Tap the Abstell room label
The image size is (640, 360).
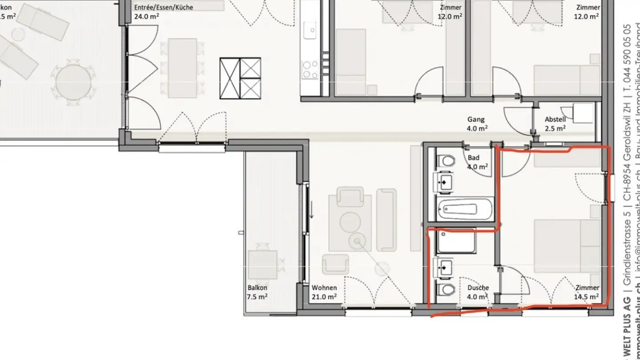pyautogui.click(x=555, y=124)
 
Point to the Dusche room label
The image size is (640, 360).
pyautogui.click(x=478, y=292)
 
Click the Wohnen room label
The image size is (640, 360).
pyautogui.click(x=324, y=292)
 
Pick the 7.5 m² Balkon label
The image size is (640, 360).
pyautogui.click(x=258, y=292)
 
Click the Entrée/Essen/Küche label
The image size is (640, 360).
pyautogui.click(x=164, y=12)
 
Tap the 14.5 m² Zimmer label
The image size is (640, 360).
pyautogui.click(x=587, y=292)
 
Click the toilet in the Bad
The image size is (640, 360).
pyautogui.click(x=446, y=160)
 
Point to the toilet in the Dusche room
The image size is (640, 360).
pyautogui.click(x=446, y=289)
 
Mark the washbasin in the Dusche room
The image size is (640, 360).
pyautogui.click(x=445, y=267)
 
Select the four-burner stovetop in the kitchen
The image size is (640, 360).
pyautogui.click(x=310, y=69)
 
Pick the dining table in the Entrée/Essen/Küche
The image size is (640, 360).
pyautogui.click(x=182, y=68)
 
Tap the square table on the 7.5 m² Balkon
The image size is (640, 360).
pyautogui.click(x=262, y=265)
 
